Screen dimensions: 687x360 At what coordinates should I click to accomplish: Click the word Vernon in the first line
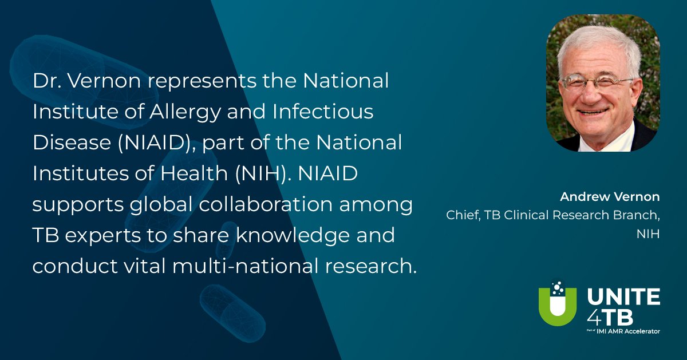(x=104, y=81)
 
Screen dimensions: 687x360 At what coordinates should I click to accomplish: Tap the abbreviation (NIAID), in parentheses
(x=156, y=143)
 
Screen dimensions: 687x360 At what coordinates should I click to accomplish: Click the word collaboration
(x=266, y=204)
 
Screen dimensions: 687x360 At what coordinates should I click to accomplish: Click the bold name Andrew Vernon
(x=610, y=197)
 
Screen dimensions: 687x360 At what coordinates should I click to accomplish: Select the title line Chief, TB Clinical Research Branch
(x=553, y=216)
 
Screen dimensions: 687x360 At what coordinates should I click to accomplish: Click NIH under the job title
(x=648, y=234)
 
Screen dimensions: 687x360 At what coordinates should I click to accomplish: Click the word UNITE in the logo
(x=623, y=297)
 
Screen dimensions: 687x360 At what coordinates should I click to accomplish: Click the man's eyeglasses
(x=597, y=82)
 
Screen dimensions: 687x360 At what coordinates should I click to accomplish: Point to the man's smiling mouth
(x=592, y=112)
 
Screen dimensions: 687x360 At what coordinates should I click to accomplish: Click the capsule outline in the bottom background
(x=232, y=314)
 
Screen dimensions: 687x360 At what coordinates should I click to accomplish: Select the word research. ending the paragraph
(x=371, y=266)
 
